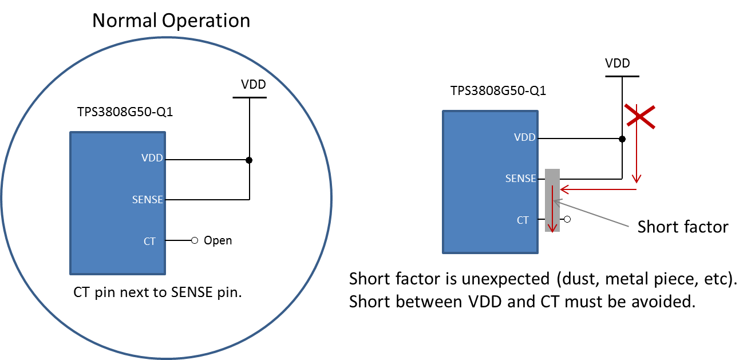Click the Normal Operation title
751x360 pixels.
coord(171,21)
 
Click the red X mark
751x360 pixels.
coord(639,116)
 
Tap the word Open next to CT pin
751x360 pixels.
coord(218,240)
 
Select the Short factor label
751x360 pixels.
coord(682,227)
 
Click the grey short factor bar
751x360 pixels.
coord(552,200)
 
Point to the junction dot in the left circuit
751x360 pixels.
coord(249,160)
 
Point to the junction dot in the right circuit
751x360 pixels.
coord(622,139)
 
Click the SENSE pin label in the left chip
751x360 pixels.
coord(148,200)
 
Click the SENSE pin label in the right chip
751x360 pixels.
coord(520,179)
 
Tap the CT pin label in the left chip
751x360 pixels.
coord(149,242)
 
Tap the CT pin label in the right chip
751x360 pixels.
coord(523,220)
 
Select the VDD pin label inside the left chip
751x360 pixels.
coord(152,159)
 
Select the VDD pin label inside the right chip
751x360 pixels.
coord(525,137)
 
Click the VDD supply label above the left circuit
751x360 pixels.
coord(253,85)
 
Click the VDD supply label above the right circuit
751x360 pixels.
coord(618,64)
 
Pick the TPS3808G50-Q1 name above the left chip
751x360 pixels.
coord(125,112)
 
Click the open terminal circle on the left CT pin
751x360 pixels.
coord(195,241)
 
